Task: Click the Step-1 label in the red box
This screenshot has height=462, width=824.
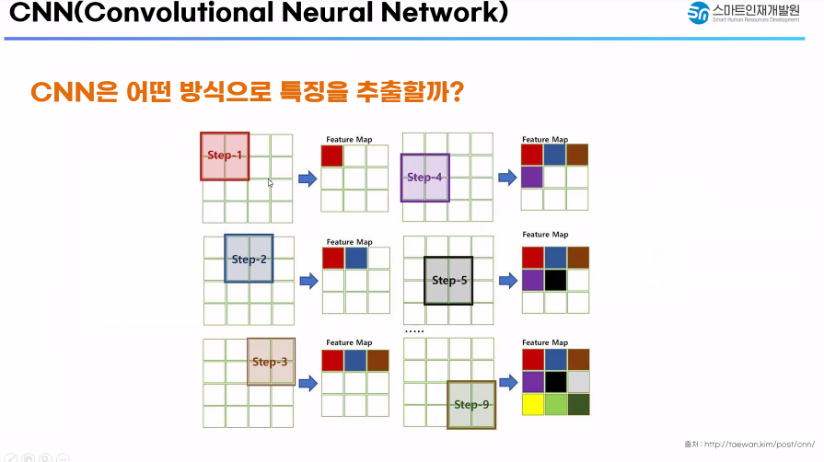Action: point(225,156)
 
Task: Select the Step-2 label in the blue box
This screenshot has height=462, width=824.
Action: point(249,260)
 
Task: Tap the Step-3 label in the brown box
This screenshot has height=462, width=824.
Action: point(271,362)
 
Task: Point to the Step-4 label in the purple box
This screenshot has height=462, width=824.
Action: point(424,178)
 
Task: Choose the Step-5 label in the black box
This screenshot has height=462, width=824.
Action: point(449,281)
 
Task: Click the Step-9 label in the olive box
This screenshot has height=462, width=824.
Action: point(471,405)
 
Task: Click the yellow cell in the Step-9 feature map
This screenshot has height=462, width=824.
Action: point(533,404)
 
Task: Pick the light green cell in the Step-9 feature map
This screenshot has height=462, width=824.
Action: point(555,404)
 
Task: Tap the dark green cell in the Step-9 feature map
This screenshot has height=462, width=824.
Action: point(577,404)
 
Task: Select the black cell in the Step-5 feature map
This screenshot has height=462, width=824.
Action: point(555,280)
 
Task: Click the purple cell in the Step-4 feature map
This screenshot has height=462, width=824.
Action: point(532,177)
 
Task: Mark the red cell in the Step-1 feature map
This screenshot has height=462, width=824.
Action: point(332,156)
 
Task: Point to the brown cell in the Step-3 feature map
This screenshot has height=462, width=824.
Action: point(377,361)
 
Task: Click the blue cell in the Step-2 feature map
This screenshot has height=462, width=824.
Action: point(355,258)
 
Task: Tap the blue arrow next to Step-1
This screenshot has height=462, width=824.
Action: point(308,178)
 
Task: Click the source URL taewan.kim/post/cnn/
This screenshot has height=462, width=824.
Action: point(761,443)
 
